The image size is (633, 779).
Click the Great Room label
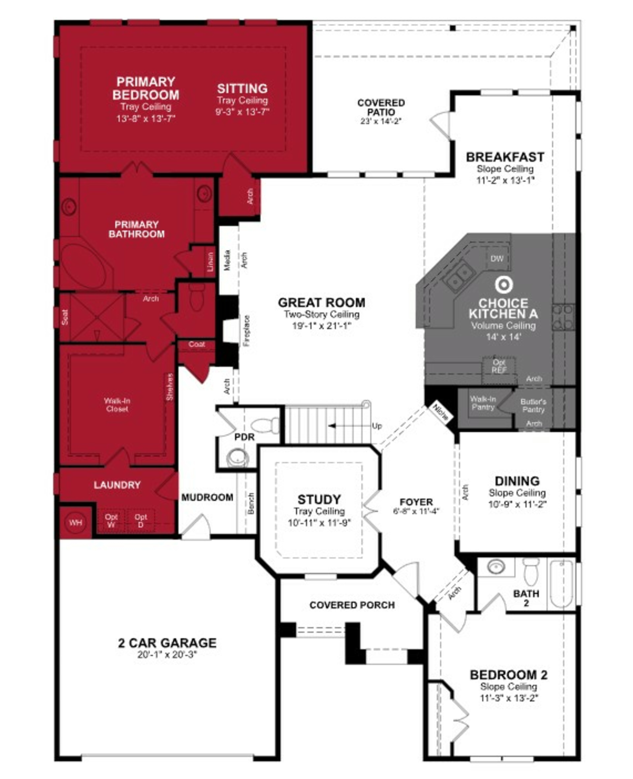coord(321,303)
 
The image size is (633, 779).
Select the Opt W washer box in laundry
coord(111,521)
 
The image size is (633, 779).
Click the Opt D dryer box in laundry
coord(141,521)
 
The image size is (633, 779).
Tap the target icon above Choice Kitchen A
coord(504,285)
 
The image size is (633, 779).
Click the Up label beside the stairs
coord(377,426)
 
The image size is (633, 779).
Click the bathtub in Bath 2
coord(561,584)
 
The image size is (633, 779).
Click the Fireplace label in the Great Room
coord(247,331)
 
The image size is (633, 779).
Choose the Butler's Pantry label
coord(533,405)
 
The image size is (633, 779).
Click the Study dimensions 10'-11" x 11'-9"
coord(319,523)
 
